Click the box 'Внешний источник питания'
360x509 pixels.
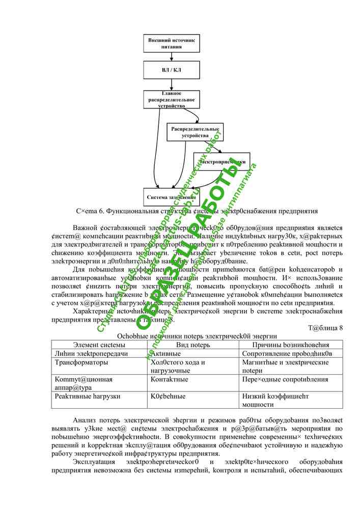(172, 43)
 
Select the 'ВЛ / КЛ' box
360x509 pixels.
(172, 70)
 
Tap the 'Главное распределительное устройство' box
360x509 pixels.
(172, 100)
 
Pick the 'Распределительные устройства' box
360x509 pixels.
(195, 132)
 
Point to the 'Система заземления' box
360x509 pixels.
(172, 197)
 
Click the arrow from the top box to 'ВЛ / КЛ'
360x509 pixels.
(172, 56)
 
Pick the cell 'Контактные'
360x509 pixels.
(170, 380)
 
